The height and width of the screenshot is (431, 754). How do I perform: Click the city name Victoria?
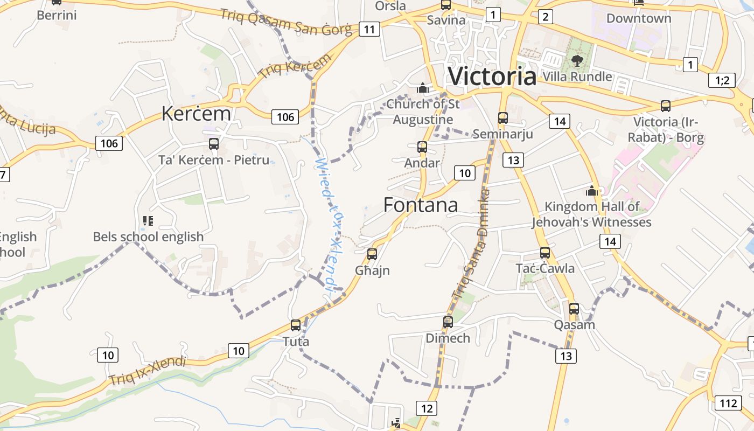[x=492, y=77]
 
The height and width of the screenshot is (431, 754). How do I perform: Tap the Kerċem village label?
[x=196, y=114]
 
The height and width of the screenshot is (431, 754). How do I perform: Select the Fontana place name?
[x=421, y=205]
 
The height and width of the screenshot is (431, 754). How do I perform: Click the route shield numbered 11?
[x=369, y=29]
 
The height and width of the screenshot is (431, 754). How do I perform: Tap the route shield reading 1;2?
[x=722, y=81]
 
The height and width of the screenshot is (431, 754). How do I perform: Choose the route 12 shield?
[x=427, y=408]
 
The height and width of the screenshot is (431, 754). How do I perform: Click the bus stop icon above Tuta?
[x=295, y=325]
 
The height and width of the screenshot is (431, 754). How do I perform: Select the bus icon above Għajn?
[x=372, y=254]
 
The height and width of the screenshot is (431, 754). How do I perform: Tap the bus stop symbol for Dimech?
[x=448, y=322]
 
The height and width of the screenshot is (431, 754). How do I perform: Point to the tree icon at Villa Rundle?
[x=577, y=60]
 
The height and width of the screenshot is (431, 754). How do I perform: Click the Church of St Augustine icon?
[x=423, y=87]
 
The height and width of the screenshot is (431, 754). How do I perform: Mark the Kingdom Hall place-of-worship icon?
[x=592, y=191]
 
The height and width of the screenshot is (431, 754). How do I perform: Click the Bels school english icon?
[x=148, y=220]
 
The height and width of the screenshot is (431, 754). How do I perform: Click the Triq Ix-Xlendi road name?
[x=147, y=371]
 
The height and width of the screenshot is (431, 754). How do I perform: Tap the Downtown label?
[x=639, y=18]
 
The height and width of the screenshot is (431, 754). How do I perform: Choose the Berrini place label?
[x=57, y=15]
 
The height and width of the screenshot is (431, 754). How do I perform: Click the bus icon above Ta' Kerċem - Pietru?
[x=214, y=144]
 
